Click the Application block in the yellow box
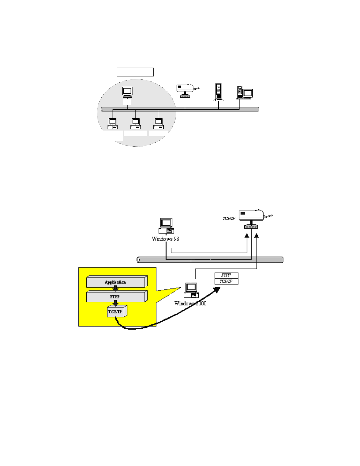pos(116,282)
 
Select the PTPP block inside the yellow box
pos(116,296)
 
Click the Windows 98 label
pos(165,239)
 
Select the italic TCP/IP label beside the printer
pos(229,218)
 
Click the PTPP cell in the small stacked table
pos(226,275)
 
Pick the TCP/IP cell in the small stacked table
pos(226,281)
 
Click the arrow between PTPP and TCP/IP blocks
pos(116,303)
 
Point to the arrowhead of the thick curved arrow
pos(217,289)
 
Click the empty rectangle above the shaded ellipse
pos(135,72)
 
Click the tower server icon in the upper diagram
pos(218,92)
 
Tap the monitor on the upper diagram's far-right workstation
pos(247,94)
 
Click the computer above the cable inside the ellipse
pos(127,92)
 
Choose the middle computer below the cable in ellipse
pos(135,123)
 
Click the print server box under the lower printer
pos(251,227)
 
